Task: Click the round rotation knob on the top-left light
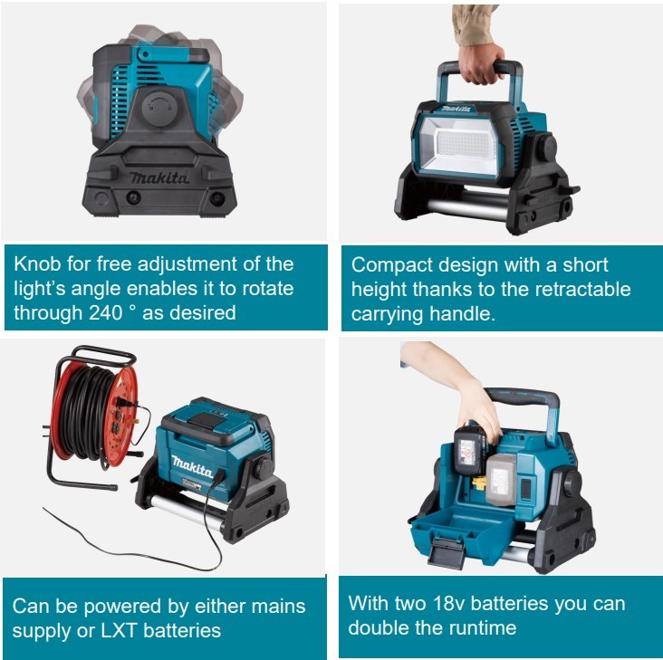click(158, 108)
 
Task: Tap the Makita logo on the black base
click(159, 177)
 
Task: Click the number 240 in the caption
click(106, 313)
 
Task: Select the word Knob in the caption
click(38, 264)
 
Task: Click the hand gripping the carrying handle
click(482, 63)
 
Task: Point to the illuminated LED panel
click(459, 146)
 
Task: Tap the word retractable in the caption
click(582, 290)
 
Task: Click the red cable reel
click(91, 413)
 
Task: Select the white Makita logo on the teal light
click(191, 466)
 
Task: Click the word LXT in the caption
click(119, 631)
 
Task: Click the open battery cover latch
click(447, 551)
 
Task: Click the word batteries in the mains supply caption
click(182, 631)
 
